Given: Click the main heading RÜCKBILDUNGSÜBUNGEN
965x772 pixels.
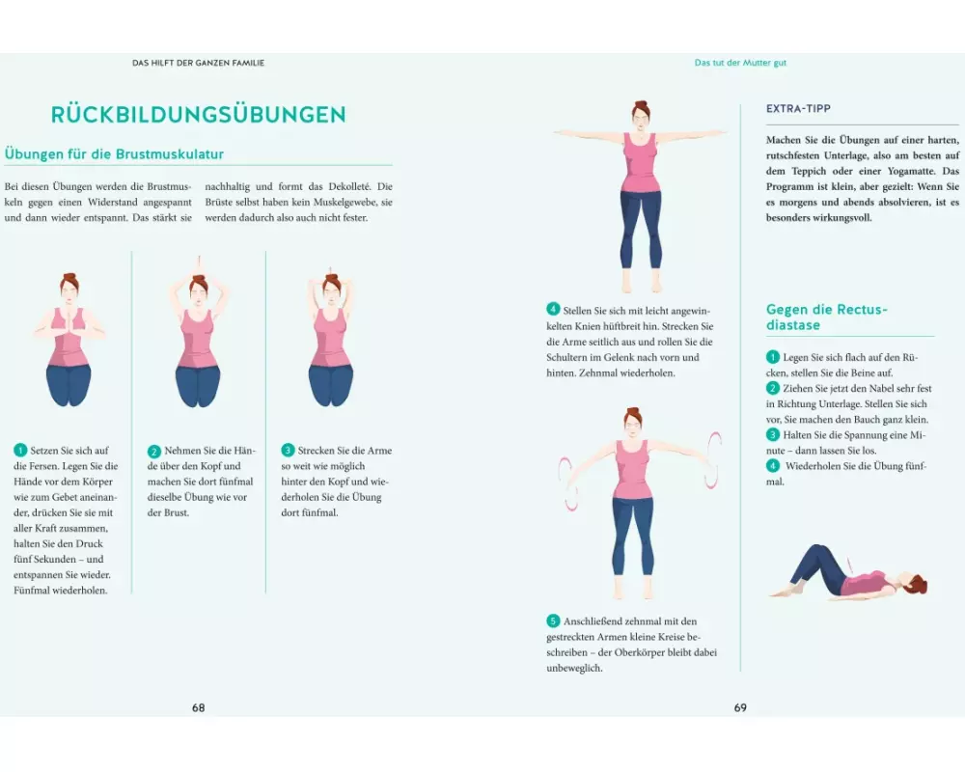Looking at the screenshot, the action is pos(198,115).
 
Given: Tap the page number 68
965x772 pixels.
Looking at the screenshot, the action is pos(198,708).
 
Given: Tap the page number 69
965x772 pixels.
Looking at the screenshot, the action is pos(740,708).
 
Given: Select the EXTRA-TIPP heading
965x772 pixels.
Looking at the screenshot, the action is pos(798,109).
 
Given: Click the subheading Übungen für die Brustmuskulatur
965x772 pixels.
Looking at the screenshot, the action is pos(114,153).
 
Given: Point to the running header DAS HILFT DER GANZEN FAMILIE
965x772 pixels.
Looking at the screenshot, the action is pos(198,63).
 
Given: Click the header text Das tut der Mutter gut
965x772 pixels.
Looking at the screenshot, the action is pos(740,63).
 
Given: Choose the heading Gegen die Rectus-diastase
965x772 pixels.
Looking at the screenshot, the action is pos(827,317).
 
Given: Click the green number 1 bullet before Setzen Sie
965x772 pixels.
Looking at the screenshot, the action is pos(20,450).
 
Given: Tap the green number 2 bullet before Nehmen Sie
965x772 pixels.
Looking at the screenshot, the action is pos(153,451).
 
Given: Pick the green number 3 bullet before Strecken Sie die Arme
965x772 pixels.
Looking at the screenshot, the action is pos(288,450).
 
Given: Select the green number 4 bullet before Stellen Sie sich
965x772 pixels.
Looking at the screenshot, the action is pos(553,310).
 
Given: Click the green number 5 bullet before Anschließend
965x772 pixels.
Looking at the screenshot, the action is pos(553,620).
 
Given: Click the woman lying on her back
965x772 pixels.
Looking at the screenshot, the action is pos(849,572).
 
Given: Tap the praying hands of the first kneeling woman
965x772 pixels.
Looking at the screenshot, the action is pos(69,321).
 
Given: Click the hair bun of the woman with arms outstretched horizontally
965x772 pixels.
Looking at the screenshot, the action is pos(641,104).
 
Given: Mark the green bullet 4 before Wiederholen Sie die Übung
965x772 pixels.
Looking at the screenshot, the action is pos(773,466).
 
